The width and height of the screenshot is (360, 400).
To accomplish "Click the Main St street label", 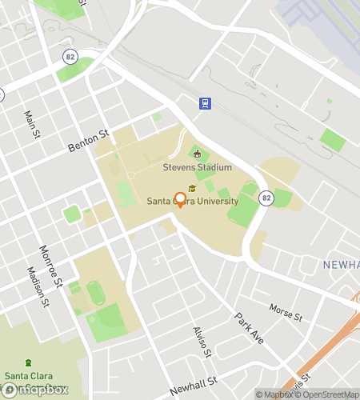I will (31, 125).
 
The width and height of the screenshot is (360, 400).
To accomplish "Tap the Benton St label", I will (87, 142).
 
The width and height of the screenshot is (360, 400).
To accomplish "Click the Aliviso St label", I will (201, 342).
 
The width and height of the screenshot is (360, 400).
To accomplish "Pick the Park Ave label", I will (250, 329).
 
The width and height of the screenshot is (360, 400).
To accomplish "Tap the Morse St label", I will (286, 312).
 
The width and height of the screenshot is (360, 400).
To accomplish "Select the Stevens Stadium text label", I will (197, 167).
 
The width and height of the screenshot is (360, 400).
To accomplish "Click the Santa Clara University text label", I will (192, 202).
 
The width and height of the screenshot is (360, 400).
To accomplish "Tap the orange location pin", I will (180, 200).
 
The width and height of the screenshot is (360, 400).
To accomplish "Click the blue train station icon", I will (205, 102).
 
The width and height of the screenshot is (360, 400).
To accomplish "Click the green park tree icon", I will (30, 362).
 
